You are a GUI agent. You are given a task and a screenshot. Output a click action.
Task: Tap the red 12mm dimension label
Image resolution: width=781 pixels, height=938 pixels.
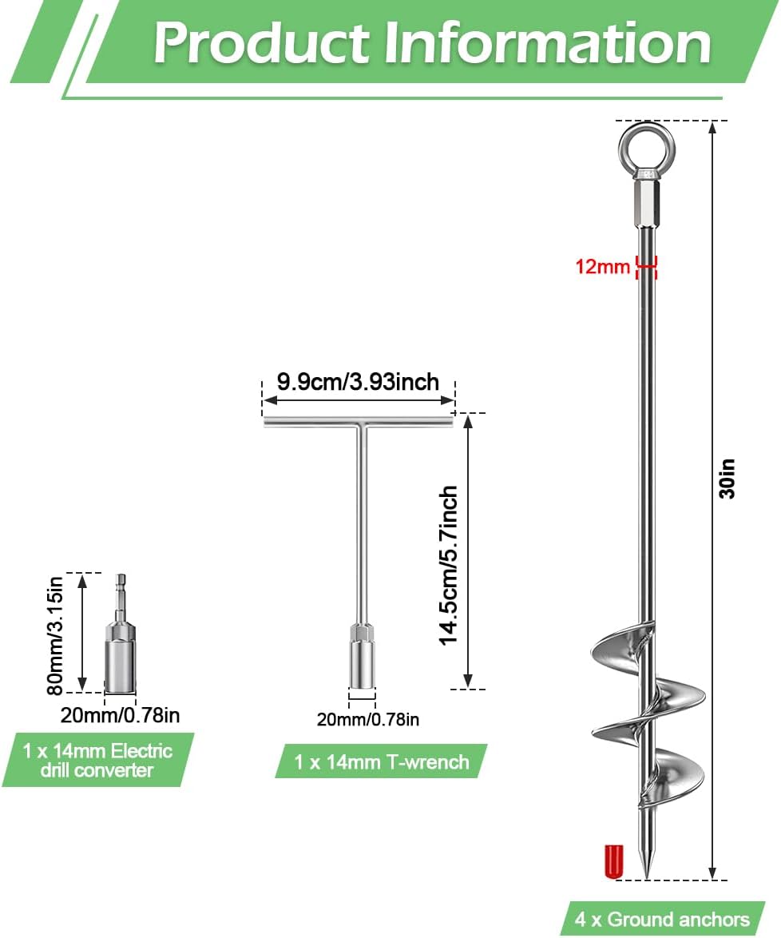[x=602, y=266]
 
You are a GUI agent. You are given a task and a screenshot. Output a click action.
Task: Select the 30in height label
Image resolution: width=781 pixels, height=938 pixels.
[x=727, y=479]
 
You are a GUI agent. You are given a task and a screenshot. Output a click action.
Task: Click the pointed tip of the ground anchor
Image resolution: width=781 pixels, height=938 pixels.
[x=647, y=876]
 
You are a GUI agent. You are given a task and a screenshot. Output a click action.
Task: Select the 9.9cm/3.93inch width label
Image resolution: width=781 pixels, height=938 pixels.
[x=358, y=382]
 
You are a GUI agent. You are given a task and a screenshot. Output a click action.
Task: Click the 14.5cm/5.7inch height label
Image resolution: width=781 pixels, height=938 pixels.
[x=449, y=566]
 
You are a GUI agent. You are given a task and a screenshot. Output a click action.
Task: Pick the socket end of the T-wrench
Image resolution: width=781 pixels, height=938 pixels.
[x=362, y=662]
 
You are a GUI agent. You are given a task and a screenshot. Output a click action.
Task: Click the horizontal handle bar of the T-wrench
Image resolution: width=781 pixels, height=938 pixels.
[x=359, y=423]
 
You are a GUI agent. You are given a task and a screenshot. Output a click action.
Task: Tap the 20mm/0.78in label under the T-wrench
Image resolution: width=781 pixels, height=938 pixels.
[x=368, y=719]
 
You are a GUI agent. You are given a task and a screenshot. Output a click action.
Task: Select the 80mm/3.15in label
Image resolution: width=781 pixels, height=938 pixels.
[x=55, y=636]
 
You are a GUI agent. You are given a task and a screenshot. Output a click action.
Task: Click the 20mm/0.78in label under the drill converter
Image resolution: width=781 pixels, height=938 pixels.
[x=121, y=715]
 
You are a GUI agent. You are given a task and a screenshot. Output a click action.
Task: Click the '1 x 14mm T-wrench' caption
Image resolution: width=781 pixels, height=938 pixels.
[x=382, y=761]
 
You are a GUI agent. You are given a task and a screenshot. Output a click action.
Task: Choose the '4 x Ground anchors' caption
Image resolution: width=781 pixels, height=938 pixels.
[x=662, y=919]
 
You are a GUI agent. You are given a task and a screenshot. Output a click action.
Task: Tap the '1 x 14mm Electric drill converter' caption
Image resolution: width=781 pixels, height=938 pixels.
[x=97, y=760]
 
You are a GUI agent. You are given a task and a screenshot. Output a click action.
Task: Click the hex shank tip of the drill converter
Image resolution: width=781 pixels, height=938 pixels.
[x=121, y=580]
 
